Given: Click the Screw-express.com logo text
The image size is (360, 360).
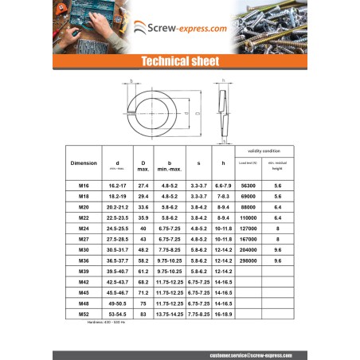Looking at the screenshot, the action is click(186, 28).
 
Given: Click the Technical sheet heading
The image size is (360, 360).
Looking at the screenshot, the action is click(179, 61).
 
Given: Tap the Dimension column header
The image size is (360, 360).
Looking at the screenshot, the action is click(84, 163).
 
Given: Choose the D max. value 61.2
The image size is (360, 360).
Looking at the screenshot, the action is click(143, 271).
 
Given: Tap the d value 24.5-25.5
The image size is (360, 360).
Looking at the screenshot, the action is click(117, 228).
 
